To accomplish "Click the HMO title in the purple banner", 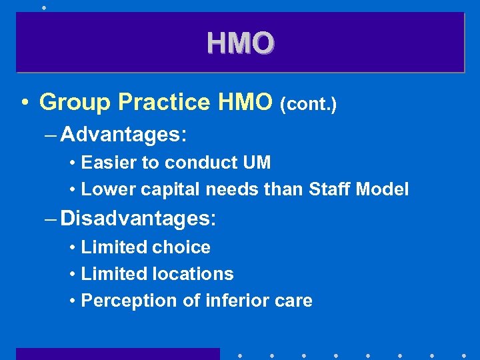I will point(240,43).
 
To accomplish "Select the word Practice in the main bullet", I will point(164,102).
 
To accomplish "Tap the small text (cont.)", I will point(308,104).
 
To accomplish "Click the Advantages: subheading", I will point(123,135).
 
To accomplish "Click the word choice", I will point(181,247).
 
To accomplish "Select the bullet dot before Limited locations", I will point(72,275).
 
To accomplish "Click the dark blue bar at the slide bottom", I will point(117,354).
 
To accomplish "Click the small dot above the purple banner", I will point(44,7).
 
